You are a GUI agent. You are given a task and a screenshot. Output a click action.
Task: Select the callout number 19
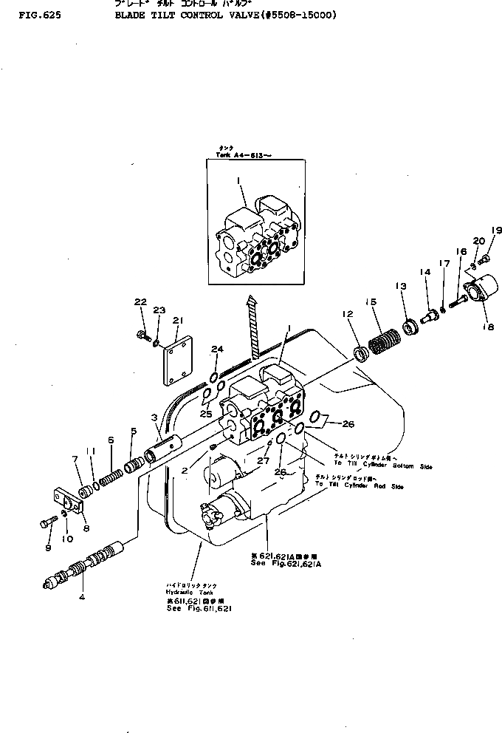(x=496, y=231)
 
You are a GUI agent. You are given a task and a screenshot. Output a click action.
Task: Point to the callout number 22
(x=139, y=301)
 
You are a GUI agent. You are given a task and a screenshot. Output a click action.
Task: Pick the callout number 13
(x=401, y=287)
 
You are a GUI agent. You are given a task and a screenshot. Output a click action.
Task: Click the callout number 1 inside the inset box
(x=239, y=180)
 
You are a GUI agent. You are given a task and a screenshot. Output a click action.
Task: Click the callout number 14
(x=425, y=273)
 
